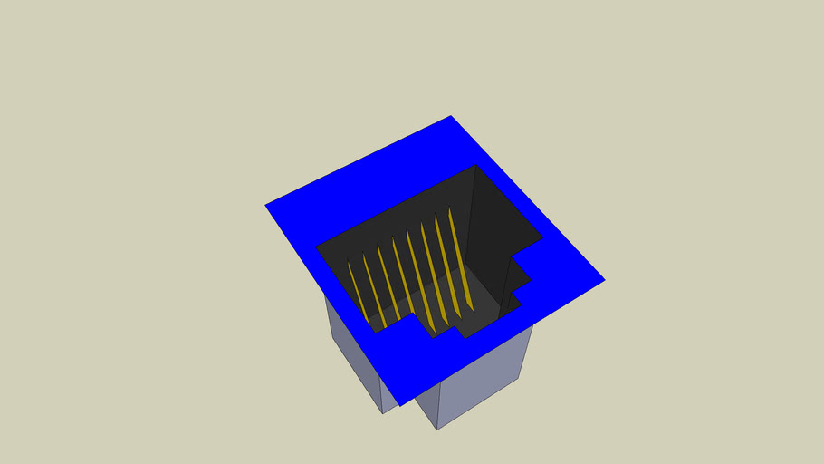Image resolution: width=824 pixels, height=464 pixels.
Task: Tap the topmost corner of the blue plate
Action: click(x=451, y=117)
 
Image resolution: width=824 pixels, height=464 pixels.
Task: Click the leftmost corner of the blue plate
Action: click(x=266, y=206)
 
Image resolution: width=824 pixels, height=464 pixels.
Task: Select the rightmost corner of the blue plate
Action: click(x=603, y=278)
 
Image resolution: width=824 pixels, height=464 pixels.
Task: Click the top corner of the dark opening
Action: click(x=476, y=166)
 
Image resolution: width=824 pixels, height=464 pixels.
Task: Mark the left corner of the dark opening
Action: click(x=317, y=246)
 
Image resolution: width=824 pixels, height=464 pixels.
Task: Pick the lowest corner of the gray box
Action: click(x=437, y=429)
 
